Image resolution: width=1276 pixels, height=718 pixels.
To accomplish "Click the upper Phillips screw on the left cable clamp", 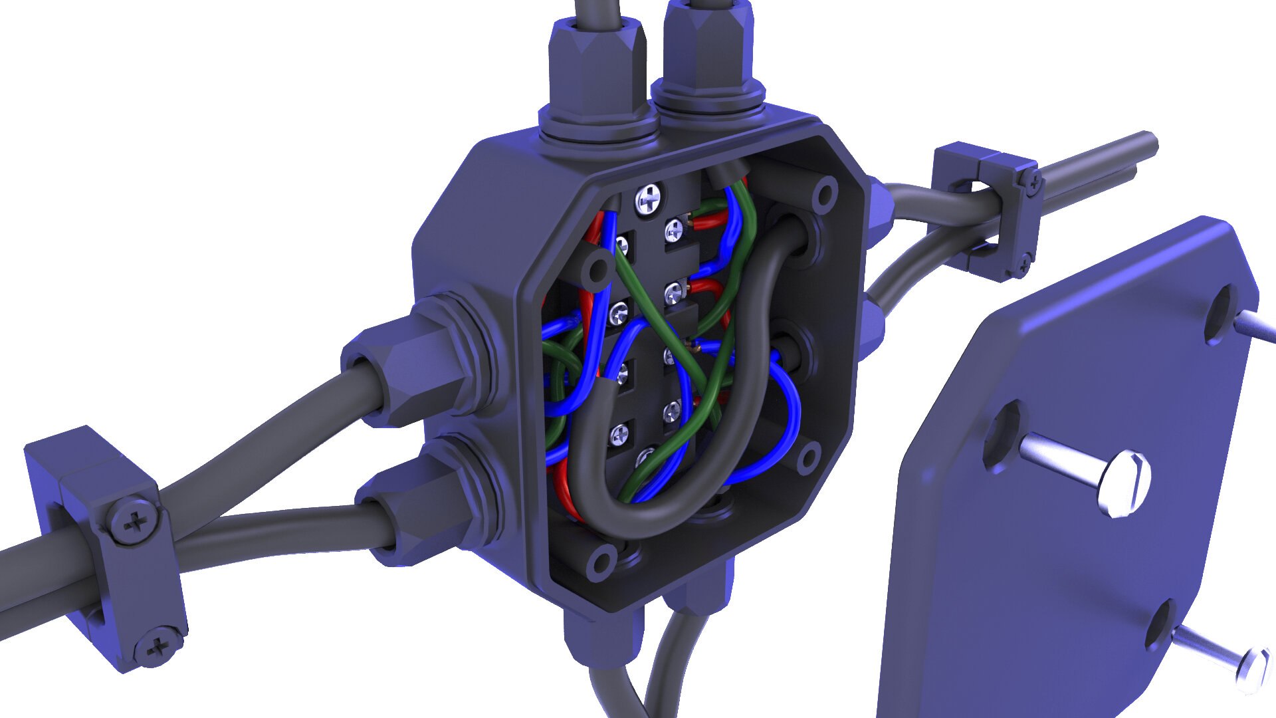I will (136, 523).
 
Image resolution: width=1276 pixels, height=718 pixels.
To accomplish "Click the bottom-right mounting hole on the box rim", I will (808, 457).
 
